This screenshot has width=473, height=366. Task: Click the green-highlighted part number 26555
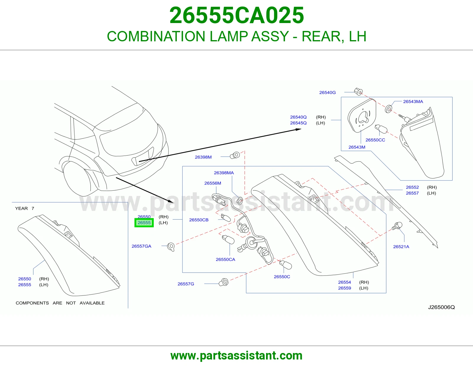pos(144,223)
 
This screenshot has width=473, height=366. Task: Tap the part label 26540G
pos(327,93)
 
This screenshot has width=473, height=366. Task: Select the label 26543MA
pos(413,102)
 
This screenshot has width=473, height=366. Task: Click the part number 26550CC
pos(375,140)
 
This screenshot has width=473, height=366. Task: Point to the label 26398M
pos(203,157)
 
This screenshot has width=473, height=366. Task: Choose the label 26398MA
pos(224,173)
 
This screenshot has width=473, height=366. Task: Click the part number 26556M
pos(213,183)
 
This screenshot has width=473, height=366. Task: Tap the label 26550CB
pos(199,220)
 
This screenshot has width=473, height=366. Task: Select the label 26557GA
pos(141,246)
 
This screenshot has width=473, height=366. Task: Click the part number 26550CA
pos(226,259)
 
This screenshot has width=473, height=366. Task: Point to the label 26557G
pos(186,284)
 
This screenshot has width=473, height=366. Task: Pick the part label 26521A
pos(401,247)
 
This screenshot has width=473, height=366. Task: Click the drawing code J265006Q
pos(441,307)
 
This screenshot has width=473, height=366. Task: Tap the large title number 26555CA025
pos(237,15)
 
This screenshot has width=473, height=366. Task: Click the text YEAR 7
pos(25,208)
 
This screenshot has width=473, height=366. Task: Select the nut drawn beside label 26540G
pos(358,92)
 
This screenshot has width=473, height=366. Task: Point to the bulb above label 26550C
pos(285,265)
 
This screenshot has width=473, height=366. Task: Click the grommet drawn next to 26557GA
pos(171,247)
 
